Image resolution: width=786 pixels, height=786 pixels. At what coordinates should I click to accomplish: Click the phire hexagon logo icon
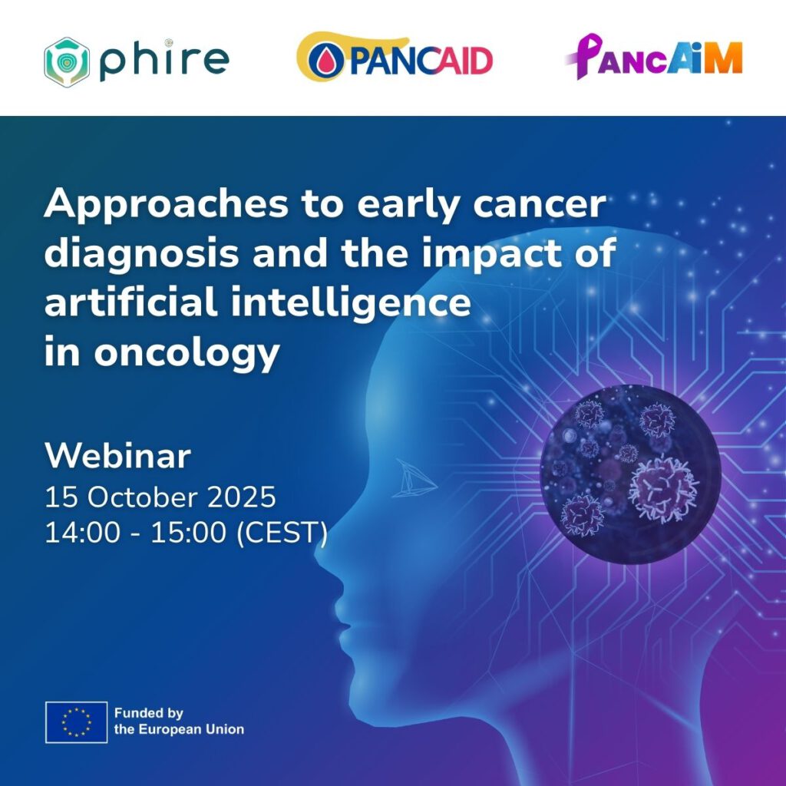click(67, 62)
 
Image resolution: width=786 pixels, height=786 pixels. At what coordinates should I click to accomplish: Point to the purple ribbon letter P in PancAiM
click(585, 56)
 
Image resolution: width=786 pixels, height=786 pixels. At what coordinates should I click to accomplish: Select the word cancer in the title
click(540, 205)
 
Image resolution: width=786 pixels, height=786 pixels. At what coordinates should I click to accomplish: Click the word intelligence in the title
click(351, 304)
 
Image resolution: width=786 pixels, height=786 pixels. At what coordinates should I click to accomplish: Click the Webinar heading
click(117, 456)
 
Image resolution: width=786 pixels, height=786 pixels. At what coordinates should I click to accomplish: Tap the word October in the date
click(142, 497)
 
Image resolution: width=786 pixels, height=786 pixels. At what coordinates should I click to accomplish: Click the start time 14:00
click(83, 533)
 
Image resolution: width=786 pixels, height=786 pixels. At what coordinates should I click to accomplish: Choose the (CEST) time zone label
click(282, 533)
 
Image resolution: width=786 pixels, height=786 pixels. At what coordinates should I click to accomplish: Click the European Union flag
click(76, 722)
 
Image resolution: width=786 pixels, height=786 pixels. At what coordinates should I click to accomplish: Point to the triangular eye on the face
click(414, 478)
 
